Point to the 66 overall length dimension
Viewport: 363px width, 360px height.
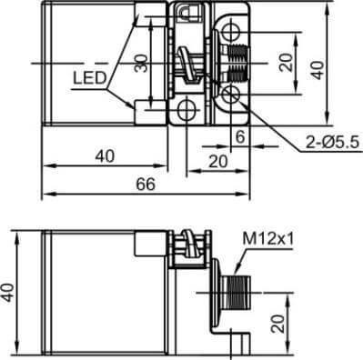click(146, 184)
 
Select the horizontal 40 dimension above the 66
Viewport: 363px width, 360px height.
click(105, 155)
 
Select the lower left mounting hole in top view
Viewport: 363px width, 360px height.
click(188, 111)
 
